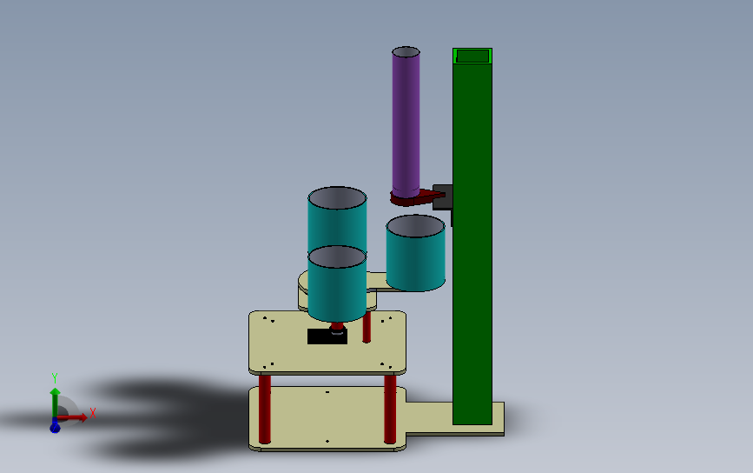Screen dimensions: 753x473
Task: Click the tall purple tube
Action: tap(406, 123)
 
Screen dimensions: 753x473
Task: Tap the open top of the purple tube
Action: tap(406, 52)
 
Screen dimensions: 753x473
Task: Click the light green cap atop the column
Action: tap(472, 56)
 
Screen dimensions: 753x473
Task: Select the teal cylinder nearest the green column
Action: tap(415, 253)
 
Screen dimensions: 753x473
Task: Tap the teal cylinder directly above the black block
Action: tap(337, 283)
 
